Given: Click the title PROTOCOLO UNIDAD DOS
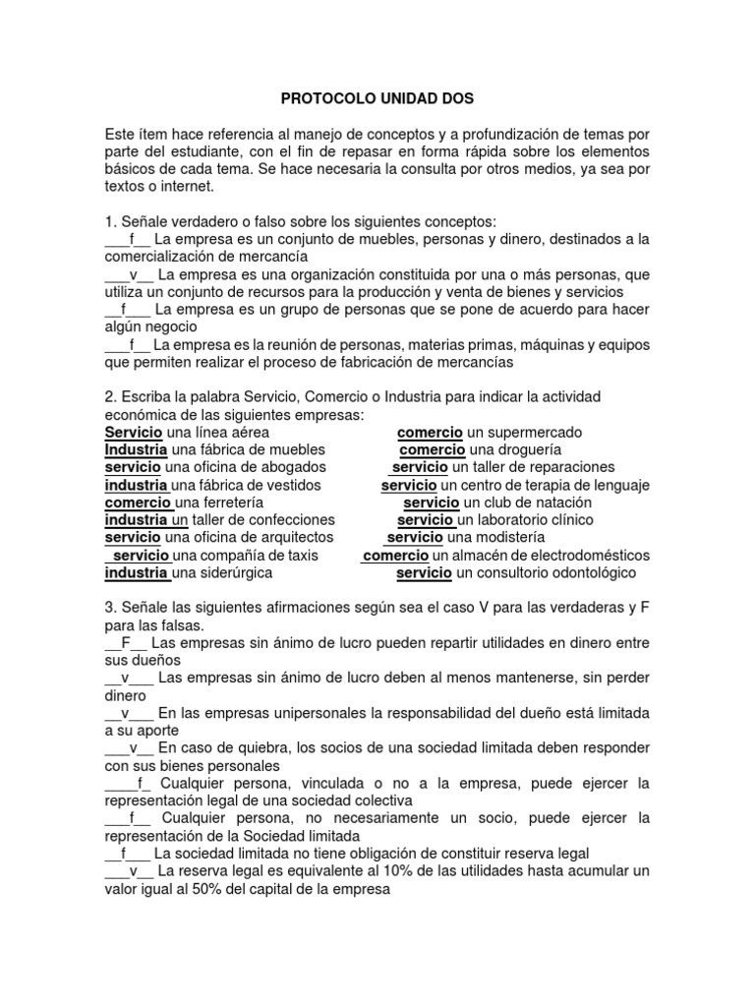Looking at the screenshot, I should (377, 99).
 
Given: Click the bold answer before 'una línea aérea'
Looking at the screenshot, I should (134, 433).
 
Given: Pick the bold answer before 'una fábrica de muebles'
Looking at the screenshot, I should (136, 449).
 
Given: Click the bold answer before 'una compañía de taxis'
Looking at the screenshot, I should (141, 556).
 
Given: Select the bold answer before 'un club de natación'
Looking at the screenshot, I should (432, 503).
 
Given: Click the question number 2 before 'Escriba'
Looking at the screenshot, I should (108, 395).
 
